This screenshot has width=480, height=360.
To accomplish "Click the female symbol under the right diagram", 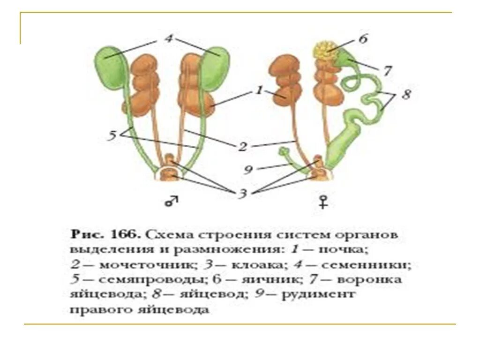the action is click(x=322, y=202).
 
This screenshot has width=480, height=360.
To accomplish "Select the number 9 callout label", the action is click(x=248, y=170).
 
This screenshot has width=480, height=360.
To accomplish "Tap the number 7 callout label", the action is click(x=387, y=71).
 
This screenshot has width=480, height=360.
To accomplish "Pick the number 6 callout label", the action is click(x=363, y=39).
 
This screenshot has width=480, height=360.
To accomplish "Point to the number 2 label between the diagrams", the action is click(x=242, y=147).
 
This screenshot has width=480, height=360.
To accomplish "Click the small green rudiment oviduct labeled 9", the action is click(x=284, y=152).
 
